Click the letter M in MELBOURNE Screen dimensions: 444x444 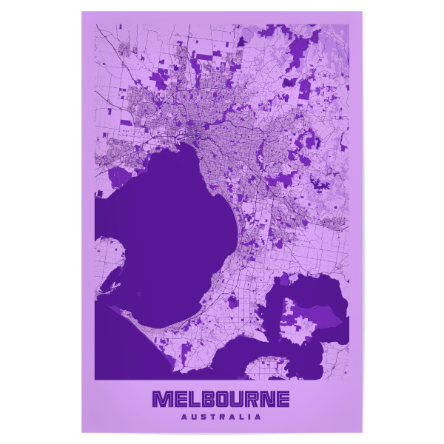[x=161, y=400]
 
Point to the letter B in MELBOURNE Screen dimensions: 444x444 [x=206, y=400]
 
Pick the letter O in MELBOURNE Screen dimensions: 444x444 [x=221, y=400]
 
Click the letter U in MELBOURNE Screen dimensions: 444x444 [x=237, y=400]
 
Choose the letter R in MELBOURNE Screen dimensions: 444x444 [x=252, y=400]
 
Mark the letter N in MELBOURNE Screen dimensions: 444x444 [x=268, y=400]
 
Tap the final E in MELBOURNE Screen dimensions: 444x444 [x=283, y=400]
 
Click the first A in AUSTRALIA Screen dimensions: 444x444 [x=183, y=417]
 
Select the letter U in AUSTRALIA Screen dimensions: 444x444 [x=193, y=417]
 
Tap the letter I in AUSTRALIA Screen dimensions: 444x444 [x=250, y=417]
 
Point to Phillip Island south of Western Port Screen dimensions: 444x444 [x=270, y=366]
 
